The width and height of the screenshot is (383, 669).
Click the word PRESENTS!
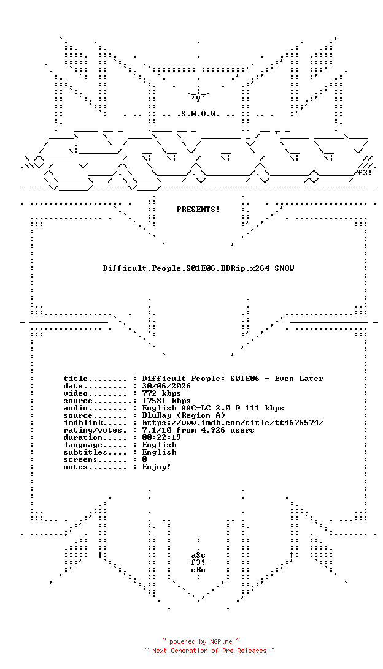198,210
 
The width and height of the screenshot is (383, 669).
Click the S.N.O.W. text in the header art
198,114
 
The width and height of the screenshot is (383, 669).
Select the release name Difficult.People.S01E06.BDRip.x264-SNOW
198,268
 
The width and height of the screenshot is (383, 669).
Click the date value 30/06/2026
166,386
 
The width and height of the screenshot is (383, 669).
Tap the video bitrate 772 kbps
161,393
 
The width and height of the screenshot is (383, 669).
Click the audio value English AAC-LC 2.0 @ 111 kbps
213,408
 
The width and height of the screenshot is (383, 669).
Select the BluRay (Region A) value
184,415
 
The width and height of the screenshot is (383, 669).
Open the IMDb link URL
233,422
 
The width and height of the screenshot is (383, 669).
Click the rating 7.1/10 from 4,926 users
198,429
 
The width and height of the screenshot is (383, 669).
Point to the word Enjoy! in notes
157,467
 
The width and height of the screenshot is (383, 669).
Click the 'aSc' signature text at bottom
198,555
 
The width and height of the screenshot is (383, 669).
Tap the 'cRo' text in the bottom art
198,570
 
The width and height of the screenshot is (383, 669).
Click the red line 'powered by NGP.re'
201,641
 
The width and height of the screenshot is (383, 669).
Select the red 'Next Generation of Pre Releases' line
209,651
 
